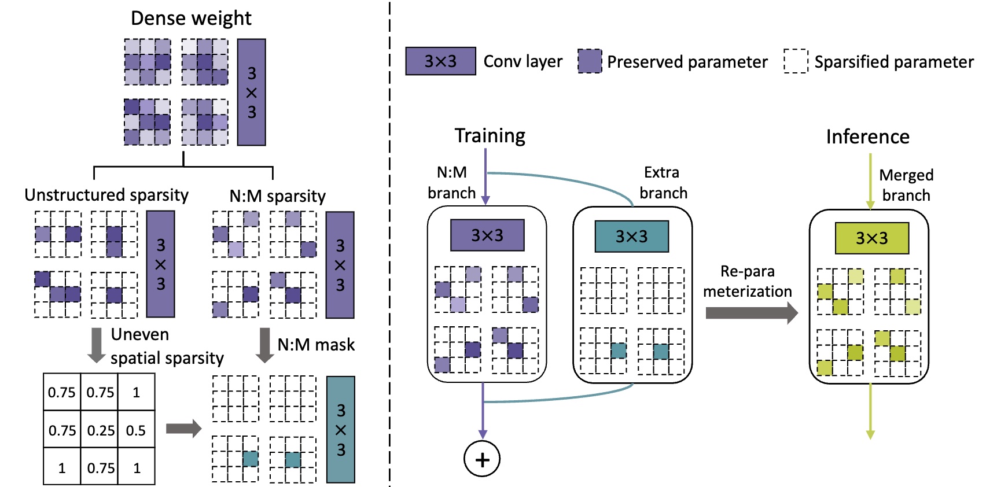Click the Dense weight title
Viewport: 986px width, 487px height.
click(x=191, y=19)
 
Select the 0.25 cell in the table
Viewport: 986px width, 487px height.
click(x=101, y=430)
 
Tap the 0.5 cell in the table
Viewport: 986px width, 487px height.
click(x=136, y=430)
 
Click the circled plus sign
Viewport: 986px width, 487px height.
click(x=482, y=459)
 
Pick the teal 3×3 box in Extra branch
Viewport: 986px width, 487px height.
click(x=631, y=236)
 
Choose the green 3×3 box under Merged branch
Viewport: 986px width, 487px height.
click(x=871, y=238)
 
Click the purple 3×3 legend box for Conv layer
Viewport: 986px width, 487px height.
click(x=440, y=61)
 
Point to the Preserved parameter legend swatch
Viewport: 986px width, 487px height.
click(x=590, y=61)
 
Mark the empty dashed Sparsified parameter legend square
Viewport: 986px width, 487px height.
click(x=796, y=61)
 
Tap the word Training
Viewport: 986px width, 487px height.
click(x=490, y=135)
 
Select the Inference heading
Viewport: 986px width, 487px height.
click(x=867, y=136)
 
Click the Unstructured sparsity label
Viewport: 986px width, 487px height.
click(x=106, y=195)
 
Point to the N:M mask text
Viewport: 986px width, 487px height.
click(x=316, y=345)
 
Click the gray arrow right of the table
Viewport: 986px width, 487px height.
click(x=183, y=429)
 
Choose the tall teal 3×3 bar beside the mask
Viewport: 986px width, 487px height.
click(x=341, y=430)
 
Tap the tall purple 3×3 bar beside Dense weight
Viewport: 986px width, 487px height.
click(x=252, y=93)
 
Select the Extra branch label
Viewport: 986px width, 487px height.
click(x=663, y=183)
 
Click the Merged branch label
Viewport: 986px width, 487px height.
click(x=906, y=185)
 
